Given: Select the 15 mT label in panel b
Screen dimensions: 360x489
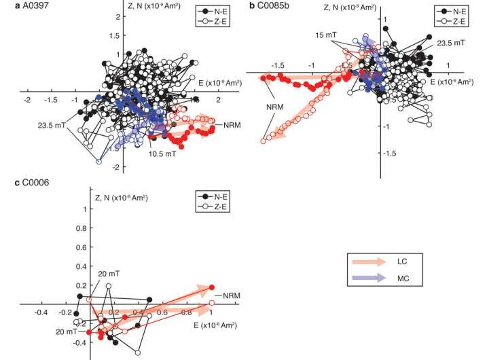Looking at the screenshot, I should tap(306, 34).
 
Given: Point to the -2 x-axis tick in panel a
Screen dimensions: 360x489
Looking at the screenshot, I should tap(27, 100).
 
